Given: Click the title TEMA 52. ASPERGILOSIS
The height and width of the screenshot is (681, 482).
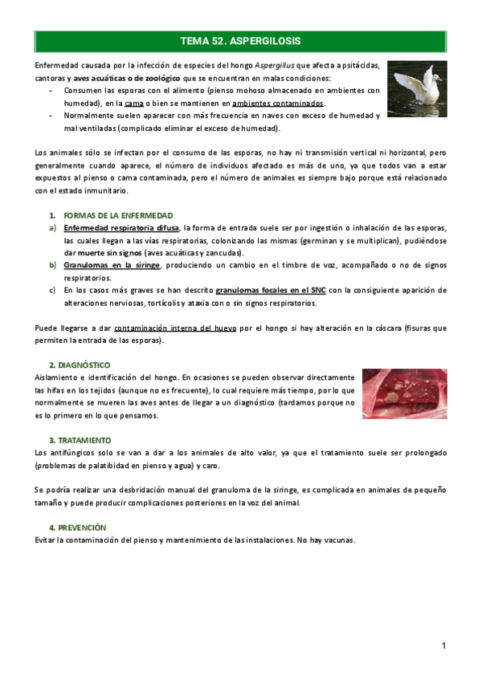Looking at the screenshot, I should [240, 40].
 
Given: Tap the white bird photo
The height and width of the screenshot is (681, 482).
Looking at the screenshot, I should [413, 88].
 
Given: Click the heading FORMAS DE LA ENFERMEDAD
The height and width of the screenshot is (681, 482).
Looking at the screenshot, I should [117, 216].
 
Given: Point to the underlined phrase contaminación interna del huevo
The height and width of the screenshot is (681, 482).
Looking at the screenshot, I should [180, 328].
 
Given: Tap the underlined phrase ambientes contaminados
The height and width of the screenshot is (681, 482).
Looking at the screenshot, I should [278, 104].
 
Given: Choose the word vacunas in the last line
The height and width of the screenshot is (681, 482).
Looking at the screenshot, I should [337, 540].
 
